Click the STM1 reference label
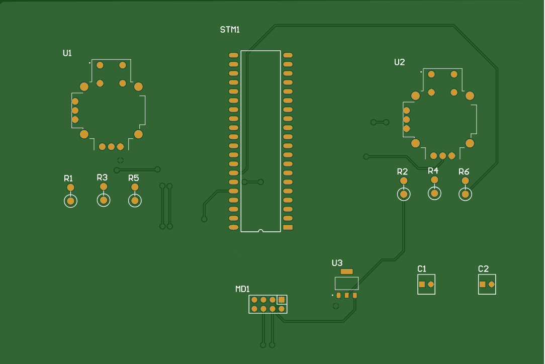click(230, 30)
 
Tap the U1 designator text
click(67, 53)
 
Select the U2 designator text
click(399, 62)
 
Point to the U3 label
click(337, 263)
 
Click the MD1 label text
click(242, 289)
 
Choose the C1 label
click(422, 268)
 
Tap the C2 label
click(483, 269)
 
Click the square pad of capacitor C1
click(422, 285)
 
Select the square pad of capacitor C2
click(483, 285)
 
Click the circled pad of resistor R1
click(70, 201)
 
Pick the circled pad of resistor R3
click(104, 200)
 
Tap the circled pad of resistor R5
click(135, 201)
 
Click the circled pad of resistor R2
click(404, 194)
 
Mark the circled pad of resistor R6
click(466, 194)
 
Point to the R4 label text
click(433, 171)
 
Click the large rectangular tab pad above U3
click(346, 271)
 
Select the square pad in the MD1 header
click(282, 300)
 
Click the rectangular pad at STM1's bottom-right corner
click(288, 228)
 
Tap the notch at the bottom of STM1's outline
click(260, 231)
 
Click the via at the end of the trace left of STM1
click(204, 219)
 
